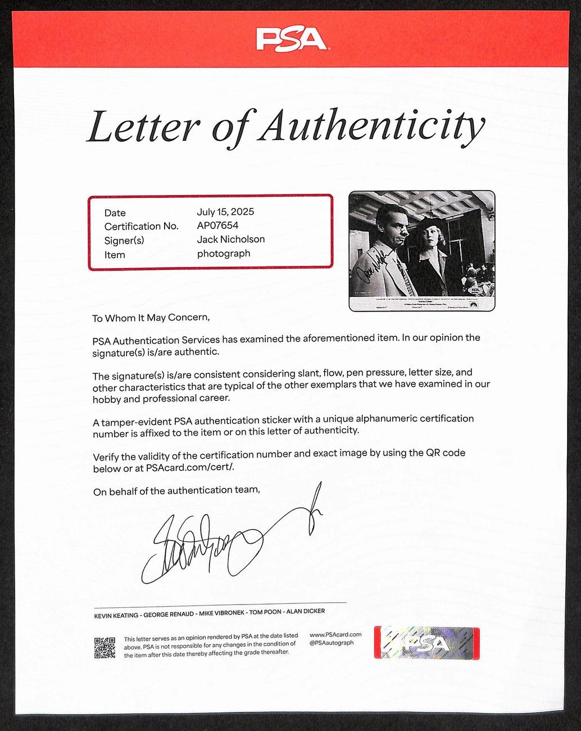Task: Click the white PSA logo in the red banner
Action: [291, 39]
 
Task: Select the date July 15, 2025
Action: [225, 212]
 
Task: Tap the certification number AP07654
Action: [217, 225]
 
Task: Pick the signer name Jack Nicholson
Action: [230, 240]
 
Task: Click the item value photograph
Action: [223, 254]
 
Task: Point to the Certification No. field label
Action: [141, 227]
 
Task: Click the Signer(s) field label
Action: [124, 241]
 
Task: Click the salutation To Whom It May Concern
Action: [151, 318]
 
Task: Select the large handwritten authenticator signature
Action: [225, 540]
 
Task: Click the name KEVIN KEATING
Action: [116, 616]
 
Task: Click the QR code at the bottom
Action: [105, 648]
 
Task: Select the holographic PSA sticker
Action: [426, 643]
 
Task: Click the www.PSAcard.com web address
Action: [335, 635]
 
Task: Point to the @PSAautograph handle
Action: [332, 643]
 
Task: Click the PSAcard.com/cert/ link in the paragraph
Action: [190, 468]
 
